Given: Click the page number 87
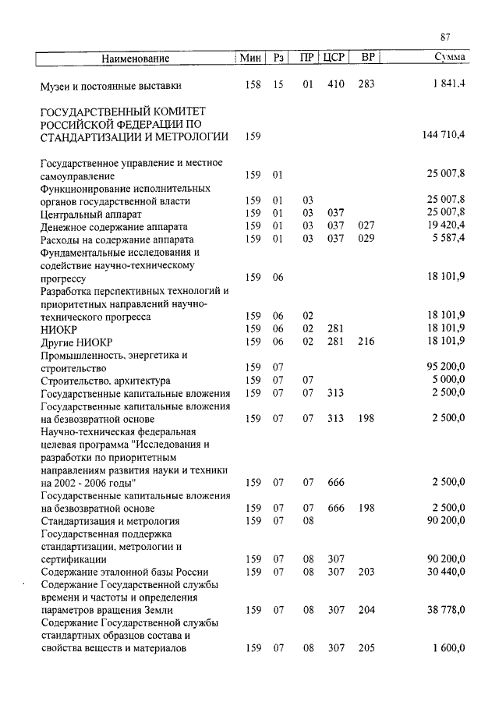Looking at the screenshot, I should click(445, 37).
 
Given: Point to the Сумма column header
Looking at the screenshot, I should click(450, 58).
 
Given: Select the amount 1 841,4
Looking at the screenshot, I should click(448, 84).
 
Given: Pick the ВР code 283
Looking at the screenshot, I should click(366, 84).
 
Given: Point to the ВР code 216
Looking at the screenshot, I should click(366, 342).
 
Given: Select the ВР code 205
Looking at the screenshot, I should click(366, 648).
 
